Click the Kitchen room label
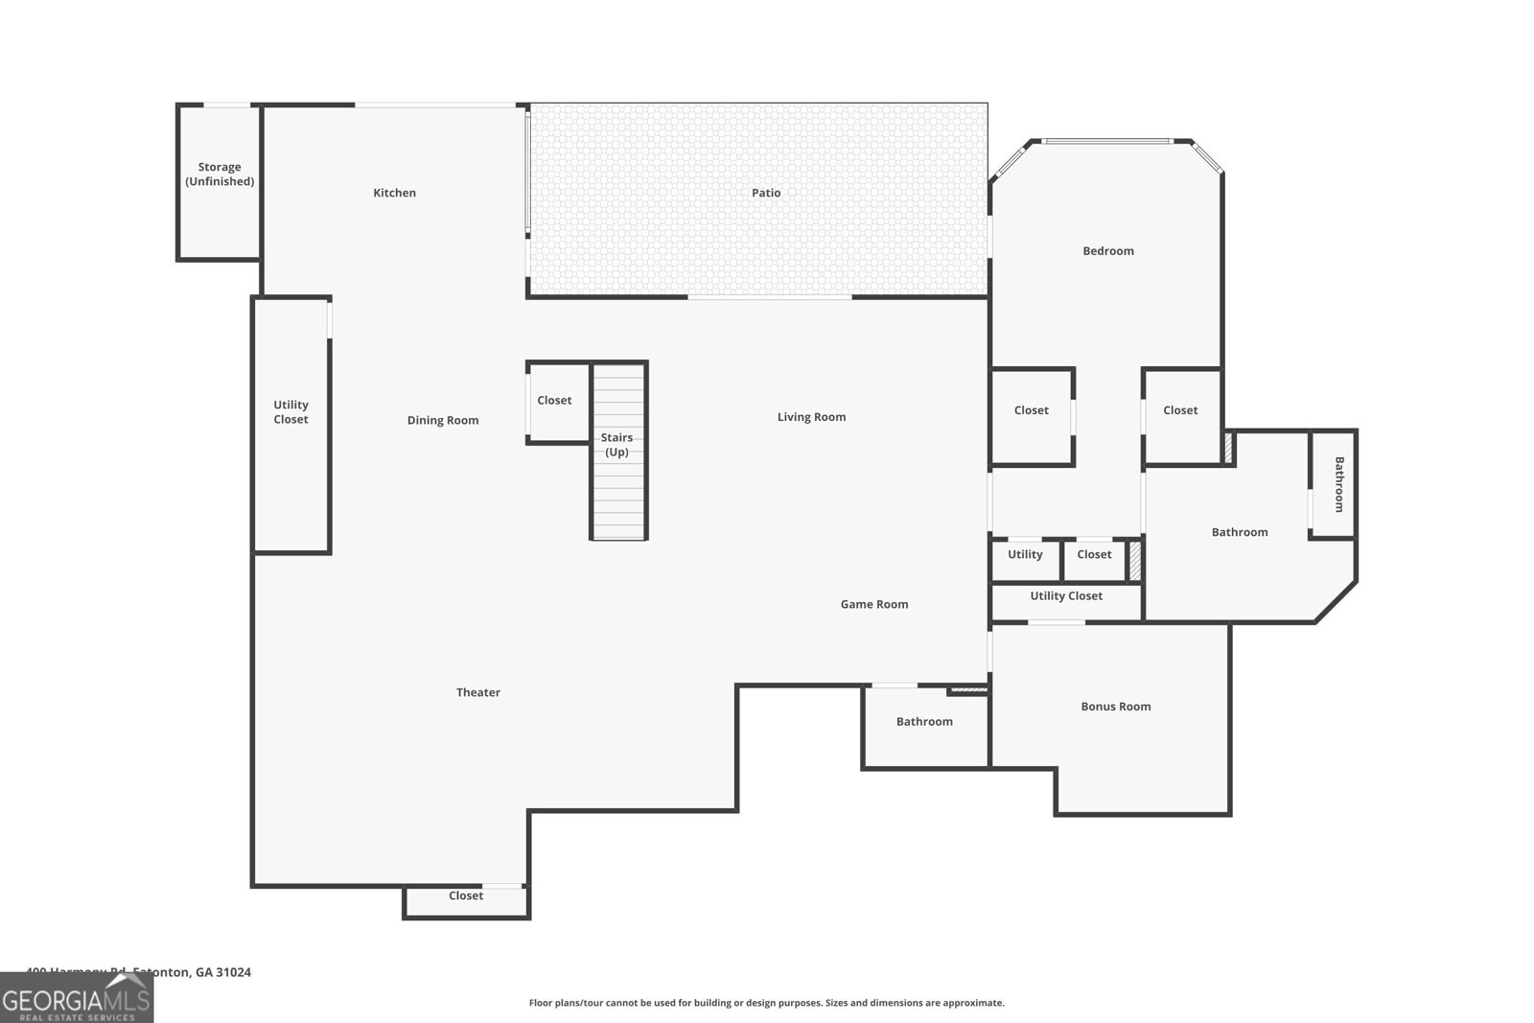394,193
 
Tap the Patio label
765,193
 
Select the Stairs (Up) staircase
618,451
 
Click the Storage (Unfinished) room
220,182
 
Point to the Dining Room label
442,420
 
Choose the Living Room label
811,417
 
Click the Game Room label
873,604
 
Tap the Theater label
477,692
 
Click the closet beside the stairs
556,402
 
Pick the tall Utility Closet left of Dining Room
291,422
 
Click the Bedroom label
1107,251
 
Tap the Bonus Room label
1115,707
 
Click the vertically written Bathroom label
1338,484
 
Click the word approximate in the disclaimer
973,1003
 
